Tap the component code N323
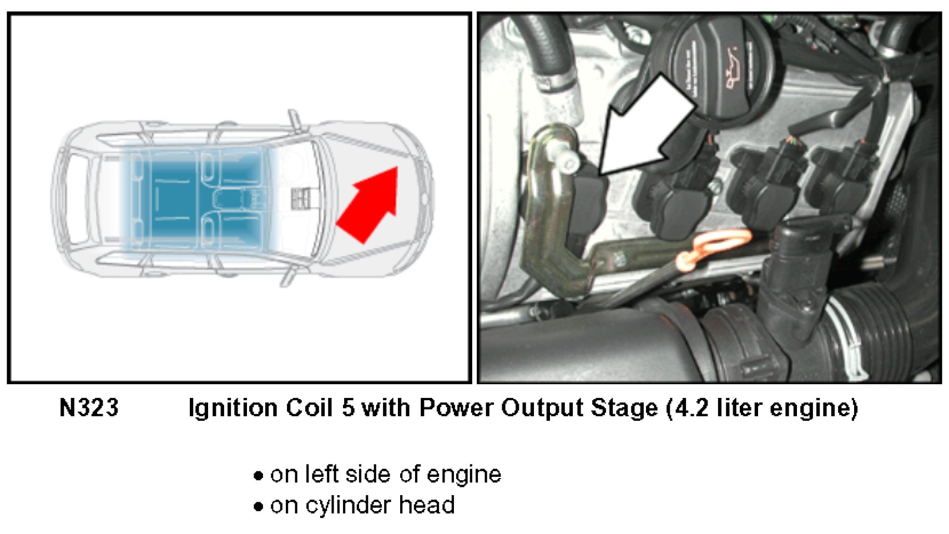tap(89, 408)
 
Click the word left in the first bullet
tap(322, 474)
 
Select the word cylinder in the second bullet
tap(343, 506)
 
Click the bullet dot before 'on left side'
tap(258, 476)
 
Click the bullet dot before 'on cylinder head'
tap(258, 506)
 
